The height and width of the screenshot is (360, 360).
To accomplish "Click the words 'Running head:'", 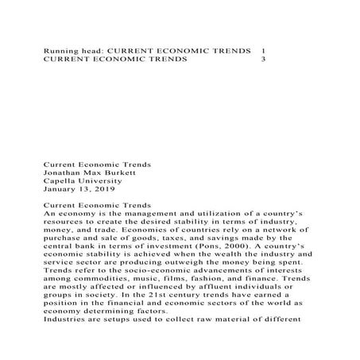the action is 72,49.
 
